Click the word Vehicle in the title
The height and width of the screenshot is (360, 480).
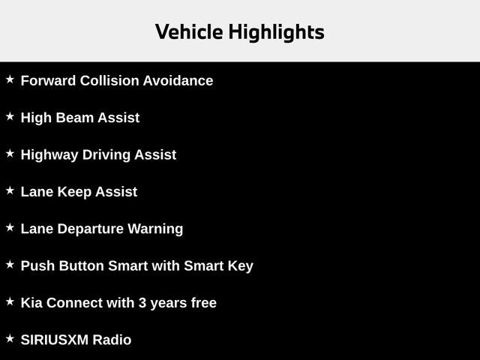188,31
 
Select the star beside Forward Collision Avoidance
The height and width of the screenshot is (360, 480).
10,79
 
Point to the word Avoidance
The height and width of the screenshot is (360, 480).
179,80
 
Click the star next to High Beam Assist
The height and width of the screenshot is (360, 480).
10,116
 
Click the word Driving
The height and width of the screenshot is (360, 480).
105,154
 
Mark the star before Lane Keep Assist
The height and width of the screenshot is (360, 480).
10,190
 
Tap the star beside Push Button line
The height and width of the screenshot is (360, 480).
10,264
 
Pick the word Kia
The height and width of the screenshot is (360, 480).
31,303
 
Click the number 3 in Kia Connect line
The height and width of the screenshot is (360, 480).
142,303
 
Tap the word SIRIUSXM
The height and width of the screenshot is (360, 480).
55,340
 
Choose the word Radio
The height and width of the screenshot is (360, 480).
112,340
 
